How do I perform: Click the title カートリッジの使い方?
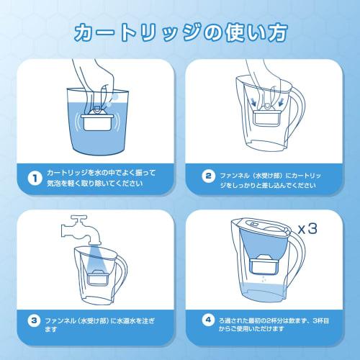coord(180,32)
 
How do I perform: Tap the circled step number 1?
coord(33,179)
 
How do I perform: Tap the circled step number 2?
coord(208,178)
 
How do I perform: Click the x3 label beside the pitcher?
coord(307,230)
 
